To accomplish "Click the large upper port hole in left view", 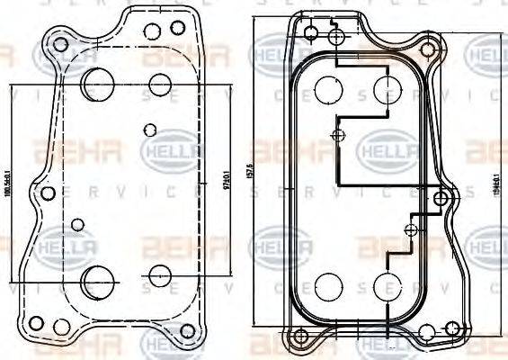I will pos(94,84).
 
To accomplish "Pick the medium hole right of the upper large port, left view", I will pos(159,85).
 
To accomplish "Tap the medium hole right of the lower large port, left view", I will pos(159,275).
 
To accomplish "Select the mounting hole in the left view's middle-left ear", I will pos(47,193).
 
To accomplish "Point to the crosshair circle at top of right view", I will pos(336,37).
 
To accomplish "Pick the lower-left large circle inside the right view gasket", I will pos(325,286).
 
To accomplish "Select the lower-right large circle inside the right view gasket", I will pos(388,286).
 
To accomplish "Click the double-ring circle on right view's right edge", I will pos(441,198).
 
